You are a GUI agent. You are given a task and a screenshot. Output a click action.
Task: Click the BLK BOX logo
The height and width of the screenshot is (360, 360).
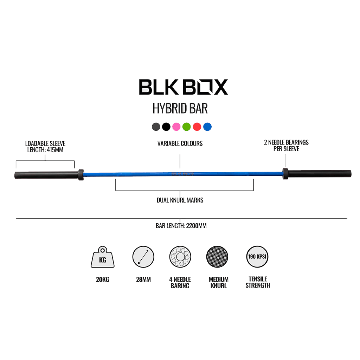point(183,87)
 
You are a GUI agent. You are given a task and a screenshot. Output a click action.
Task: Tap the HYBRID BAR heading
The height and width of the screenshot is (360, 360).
point(180,109)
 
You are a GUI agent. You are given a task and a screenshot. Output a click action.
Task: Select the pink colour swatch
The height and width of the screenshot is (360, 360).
point(176,127)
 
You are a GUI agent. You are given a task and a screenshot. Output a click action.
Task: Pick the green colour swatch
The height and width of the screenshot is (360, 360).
point(187,127)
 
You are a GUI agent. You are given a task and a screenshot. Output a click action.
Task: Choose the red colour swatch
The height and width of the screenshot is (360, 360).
point(197,127)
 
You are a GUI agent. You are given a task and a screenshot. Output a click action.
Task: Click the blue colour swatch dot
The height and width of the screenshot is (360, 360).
point(207,127)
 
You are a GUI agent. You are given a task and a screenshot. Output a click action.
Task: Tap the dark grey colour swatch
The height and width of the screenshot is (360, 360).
point(156,127)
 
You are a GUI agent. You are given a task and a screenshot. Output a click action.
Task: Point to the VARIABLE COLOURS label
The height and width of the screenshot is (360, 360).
point(180,143)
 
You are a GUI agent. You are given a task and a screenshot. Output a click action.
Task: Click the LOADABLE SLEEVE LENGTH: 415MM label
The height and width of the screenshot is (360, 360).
point(45,147)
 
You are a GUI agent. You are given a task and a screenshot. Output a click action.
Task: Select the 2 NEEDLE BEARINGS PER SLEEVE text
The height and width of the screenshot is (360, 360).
point(286,146)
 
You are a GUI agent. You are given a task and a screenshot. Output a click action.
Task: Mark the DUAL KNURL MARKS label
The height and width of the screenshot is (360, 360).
point(180,200)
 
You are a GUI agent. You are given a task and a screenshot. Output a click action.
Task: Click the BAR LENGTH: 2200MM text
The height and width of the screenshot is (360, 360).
point(181,226)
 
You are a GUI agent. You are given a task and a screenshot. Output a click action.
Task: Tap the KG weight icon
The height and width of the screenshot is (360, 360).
point(102,258)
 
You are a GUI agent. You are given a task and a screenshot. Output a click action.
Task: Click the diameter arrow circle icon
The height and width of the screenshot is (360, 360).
point(143,257)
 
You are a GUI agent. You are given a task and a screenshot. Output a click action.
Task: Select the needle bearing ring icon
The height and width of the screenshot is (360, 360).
point(180,257)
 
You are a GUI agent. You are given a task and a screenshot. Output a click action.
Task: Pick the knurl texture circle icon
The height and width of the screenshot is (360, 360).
point(217,257)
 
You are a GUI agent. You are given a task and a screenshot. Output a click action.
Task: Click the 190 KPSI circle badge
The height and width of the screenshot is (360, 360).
point(257,257)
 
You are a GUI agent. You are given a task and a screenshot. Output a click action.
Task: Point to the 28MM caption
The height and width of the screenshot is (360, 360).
point(143,280)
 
